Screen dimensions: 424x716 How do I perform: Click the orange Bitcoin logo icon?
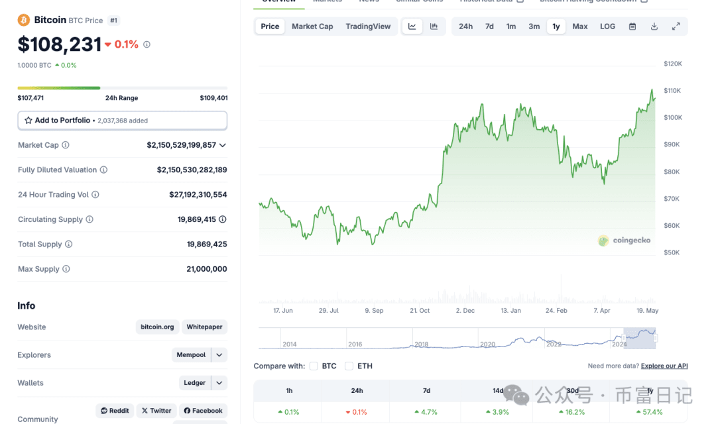click(24, 20)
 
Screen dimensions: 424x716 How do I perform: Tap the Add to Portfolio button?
click(122, 121)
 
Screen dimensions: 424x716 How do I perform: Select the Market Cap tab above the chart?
click(312, 26)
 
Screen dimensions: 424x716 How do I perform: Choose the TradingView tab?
click(368, 26)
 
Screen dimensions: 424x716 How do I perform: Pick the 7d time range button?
click(489, 26)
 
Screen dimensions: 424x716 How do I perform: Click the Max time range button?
click(580, 26)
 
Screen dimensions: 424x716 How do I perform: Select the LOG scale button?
click(607, 26)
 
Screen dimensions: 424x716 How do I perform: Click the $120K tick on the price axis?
click(673, 64)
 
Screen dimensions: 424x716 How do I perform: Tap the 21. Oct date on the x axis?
click(420, 310)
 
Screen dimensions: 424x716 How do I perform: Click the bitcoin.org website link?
click(157, 327)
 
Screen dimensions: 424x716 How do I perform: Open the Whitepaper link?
click(204, 327)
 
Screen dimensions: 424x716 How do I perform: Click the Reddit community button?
click(115, 411)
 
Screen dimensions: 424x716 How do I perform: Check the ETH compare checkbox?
click(349, 366)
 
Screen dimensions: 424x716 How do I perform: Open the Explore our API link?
click(664, 366)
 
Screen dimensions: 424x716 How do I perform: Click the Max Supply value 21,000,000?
click(207, 269)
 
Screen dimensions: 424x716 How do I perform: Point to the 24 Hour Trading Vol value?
click(198, 195)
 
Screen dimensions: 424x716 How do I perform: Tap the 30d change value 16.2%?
click(572, 411)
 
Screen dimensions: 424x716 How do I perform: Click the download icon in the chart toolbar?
click(654, 26)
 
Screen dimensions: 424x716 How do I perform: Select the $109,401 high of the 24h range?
click(213, 98)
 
